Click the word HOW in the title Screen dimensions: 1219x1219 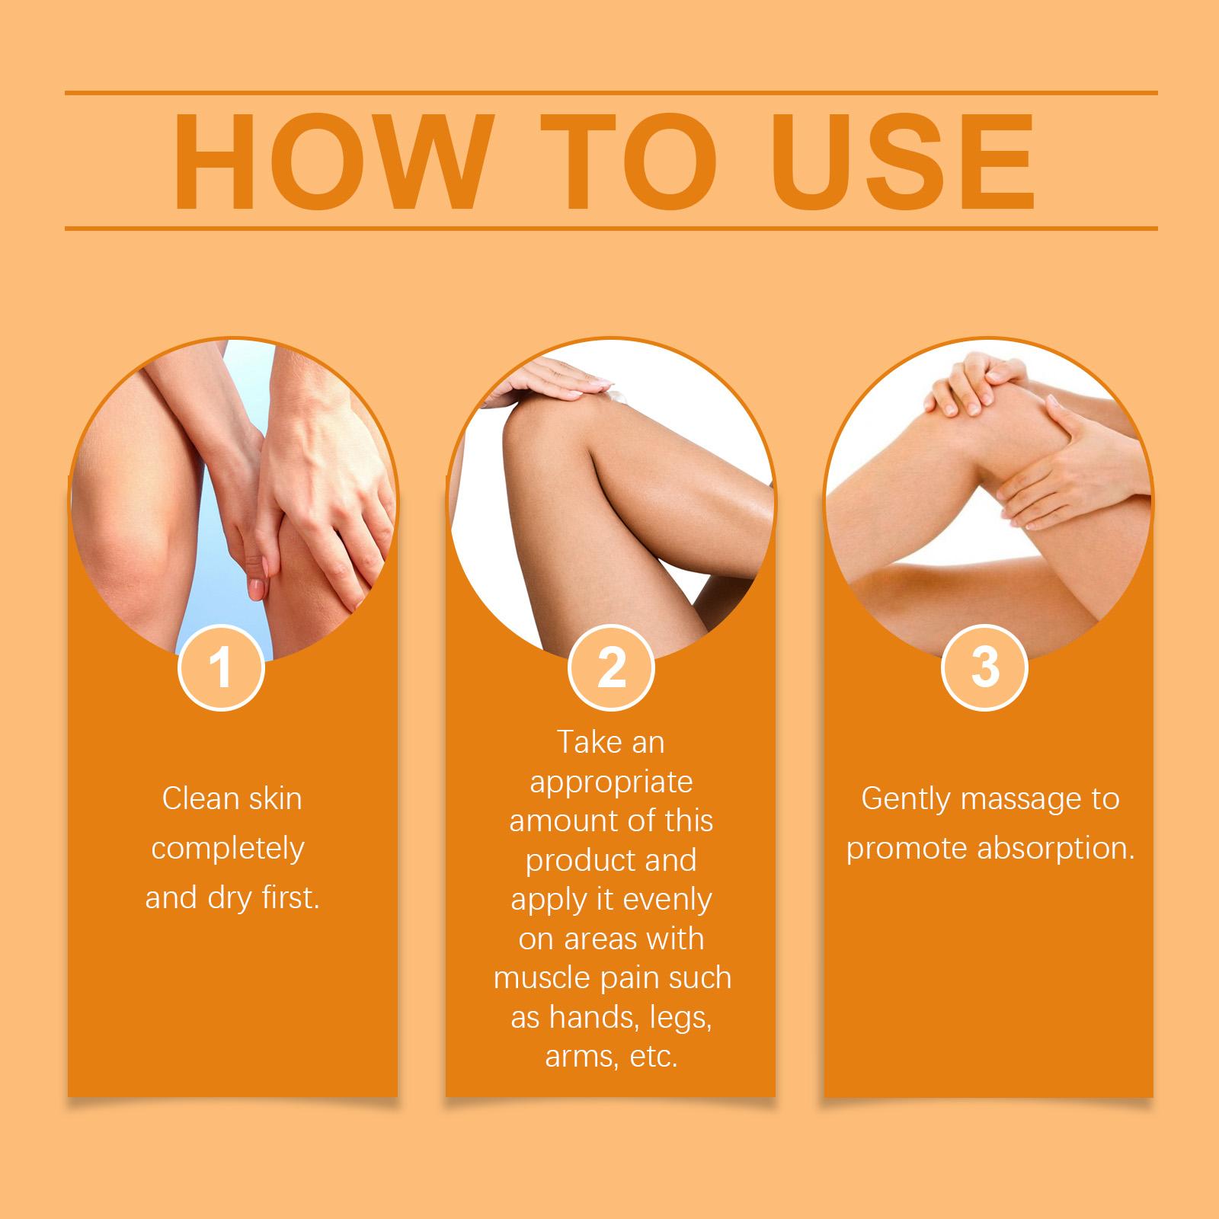coord(331,162)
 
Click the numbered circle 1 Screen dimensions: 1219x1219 coord(221,667)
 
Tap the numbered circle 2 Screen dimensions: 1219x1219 coord(611,667)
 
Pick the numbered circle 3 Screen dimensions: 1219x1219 coord(985,667)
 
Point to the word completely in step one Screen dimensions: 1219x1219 coord(228,849)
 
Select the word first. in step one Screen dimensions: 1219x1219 coord(291,897)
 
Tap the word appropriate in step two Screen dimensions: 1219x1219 coord(611,783)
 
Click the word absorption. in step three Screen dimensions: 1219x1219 coord(1056,849)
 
